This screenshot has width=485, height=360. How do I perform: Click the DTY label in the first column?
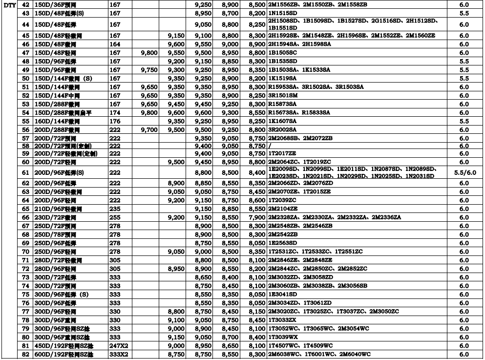[9, 4]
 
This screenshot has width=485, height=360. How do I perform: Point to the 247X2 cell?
[118, 346]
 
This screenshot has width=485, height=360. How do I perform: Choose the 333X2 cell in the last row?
[118, 355]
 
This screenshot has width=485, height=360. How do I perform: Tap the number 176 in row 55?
[114, 121]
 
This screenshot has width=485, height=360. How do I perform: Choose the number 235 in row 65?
[114, 209]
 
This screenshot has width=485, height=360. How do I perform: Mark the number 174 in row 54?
[114, 112]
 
